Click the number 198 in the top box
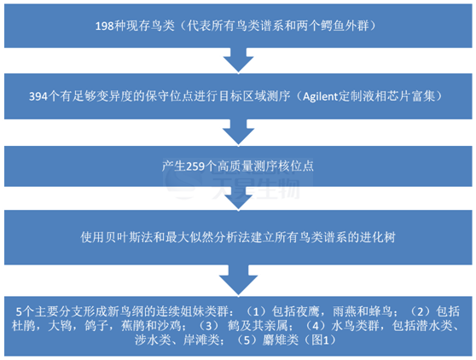point(105,26)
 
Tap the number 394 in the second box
point(38,96)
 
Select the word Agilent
point(320,96)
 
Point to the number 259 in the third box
point(195,166)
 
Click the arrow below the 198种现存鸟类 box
point(238,60)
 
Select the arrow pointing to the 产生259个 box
point(238,132)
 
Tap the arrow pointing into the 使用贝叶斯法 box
point(238,199)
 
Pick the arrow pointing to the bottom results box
point(238,280)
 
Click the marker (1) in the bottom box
point(256,311)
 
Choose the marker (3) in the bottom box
point(208,326)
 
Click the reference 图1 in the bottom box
point(320,340)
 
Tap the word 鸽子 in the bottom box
point(96,326)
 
